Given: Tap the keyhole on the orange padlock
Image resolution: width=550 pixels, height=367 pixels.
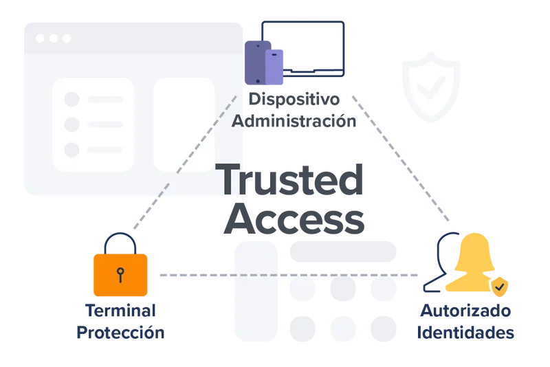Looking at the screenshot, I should coord(121,274).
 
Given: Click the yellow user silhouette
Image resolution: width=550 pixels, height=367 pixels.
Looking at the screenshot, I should coord(474,265).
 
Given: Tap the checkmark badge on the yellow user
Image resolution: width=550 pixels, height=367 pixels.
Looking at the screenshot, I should coord(500,285).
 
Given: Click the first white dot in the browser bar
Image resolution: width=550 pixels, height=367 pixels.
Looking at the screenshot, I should coord(41,38).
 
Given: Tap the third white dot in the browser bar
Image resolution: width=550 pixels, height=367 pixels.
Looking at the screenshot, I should coord(65,38).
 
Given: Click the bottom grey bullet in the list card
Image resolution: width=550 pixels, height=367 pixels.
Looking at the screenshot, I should coord(71,150).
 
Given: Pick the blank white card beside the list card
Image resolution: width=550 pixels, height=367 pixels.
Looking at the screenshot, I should coord(184,124).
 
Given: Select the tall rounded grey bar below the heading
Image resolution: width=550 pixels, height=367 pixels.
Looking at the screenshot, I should coord(256,292).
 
